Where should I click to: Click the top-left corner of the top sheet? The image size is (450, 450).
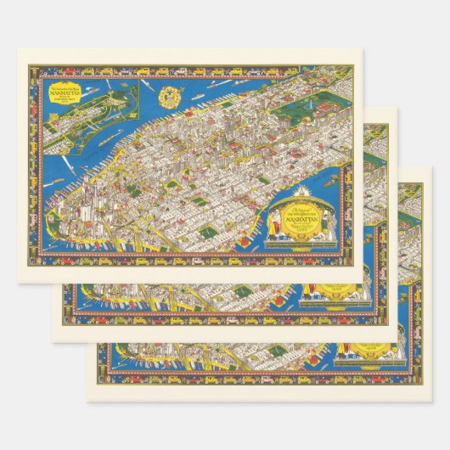click(17, 48)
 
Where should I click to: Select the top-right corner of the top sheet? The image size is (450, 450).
click(364, 48)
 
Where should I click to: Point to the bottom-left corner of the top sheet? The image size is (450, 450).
click(17, 283)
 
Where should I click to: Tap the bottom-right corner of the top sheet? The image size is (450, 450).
click(364, 283)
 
